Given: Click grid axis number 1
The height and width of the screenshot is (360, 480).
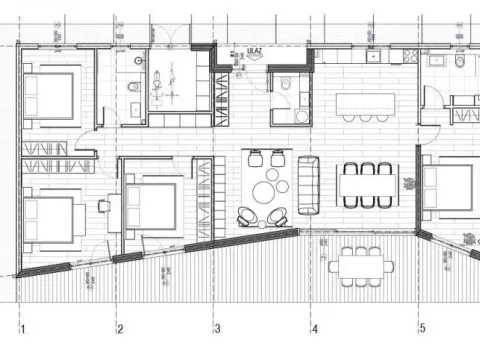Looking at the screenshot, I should (x=21, y=328).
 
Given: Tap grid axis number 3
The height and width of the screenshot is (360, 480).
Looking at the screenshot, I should (x=215, y=328).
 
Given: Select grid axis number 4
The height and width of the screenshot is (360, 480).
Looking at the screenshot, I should (x=313, y=328).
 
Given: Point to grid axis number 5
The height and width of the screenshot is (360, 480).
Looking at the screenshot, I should (x=421, y=328).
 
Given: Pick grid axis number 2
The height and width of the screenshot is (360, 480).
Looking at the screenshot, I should (x=119, y=328).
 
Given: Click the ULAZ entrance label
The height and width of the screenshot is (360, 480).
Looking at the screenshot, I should (x=240, y=48).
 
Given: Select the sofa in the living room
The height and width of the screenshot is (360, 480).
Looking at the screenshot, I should (x=307, y=177).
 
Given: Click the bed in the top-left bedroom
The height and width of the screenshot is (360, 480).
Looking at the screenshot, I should (x=49, y=98).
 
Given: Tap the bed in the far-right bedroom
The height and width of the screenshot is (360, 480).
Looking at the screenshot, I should (x=449, y=190).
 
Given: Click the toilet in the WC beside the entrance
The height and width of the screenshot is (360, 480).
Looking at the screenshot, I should (x=284, y=85).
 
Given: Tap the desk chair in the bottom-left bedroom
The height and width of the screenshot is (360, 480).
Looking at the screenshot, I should (x=104, y=205).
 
